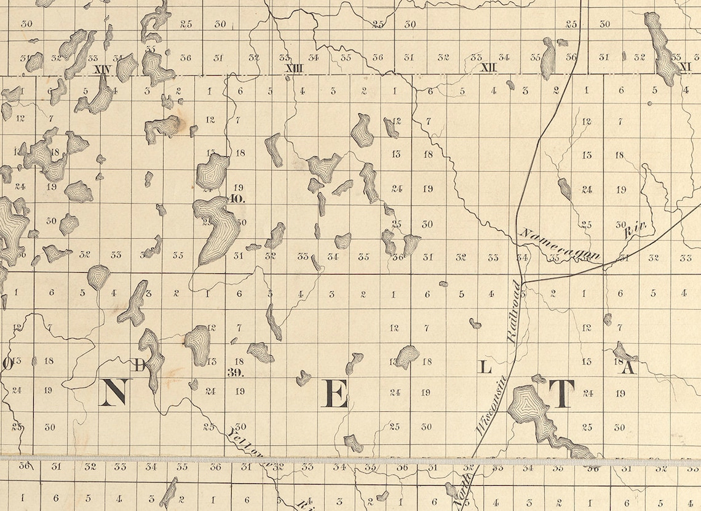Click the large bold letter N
pyautogui.click(x=114, y=392)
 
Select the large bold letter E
pyautogui.click(x=336, y=394)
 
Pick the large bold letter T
pyautogui.click(x=561, y=393)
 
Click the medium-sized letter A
pyautogui.click(x=628, y=368)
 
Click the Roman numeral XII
pyautogui.click(x=489, y=67)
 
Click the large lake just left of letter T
pyautogui.click(x=529, y=409)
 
